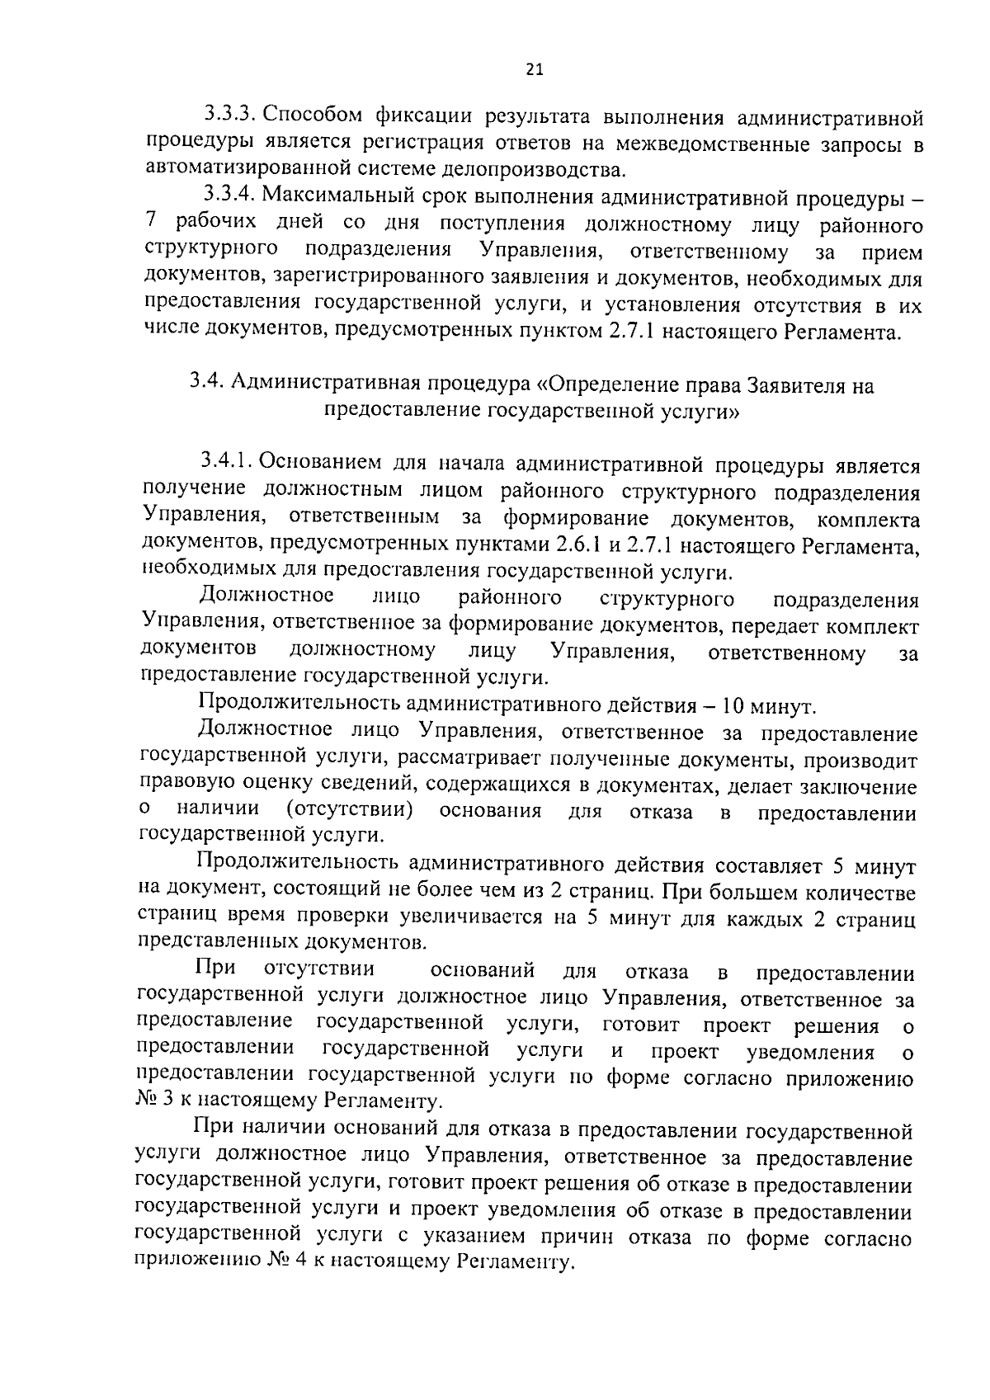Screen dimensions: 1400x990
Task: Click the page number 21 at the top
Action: point(534,71)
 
